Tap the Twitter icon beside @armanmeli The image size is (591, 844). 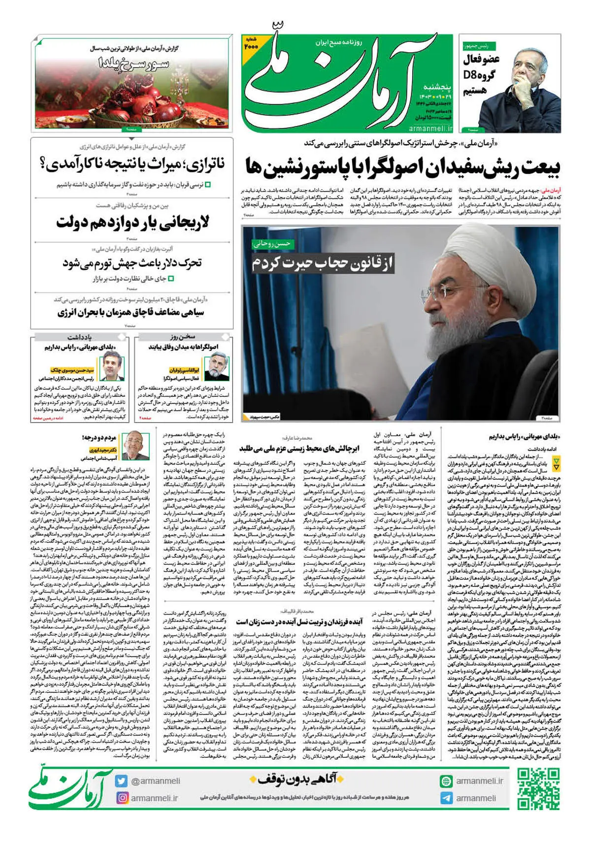pyautogui.click(x=122, y=781)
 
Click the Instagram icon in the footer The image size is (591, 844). pyautogui.click(x=122, y=798)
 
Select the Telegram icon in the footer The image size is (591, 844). pyautogui.click(x=446, y=798)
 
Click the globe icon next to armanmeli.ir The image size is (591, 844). pyautogui.click(x=446, y=781)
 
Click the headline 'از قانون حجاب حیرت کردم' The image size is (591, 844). pyautogui.click(x=323, y=264)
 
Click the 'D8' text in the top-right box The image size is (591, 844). pyautogui.click(x=471, y=75)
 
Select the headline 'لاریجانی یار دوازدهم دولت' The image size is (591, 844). pyautogui.click(x=132, y=223)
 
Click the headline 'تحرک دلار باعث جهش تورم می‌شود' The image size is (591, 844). pyautogui.click(x=132, y=263)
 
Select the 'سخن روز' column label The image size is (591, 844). pyautogui.click(x=183, y=337)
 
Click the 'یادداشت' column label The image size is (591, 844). pyautogui.click(x=79, y=337)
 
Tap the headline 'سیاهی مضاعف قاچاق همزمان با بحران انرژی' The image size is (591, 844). pyautogui.click(x=131, y=312)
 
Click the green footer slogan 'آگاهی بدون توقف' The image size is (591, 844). pyautogui.click(x=294, y=779)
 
